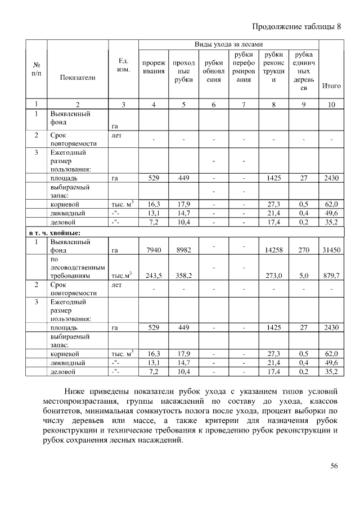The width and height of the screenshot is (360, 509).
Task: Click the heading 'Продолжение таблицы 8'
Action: [296, 26]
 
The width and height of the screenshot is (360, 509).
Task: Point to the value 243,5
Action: [153, 276]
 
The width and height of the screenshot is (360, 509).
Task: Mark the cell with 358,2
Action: [183, 276]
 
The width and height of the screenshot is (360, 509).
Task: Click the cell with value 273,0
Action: [273, 276]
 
